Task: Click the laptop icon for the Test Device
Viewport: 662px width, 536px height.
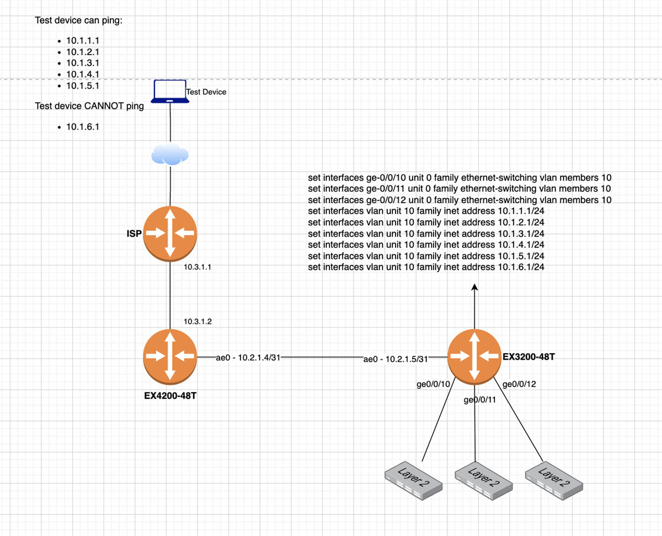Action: (170, 91)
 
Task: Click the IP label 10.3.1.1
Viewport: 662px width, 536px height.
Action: (198, 267)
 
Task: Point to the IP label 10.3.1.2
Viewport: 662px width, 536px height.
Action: (198, 321)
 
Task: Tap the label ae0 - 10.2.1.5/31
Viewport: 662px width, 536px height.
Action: (396, 359)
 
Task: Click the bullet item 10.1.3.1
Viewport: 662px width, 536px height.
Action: (82, 63)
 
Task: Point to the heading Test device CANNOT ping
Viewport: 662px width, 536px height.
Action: (89, 106)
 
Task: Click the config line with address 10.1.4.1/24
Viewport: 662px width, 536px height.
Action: (426, 245)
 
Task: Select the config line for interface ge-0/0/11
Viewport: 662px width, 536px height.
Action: (460, 189)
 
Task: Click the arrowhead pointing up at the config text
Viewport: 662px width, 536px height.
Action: (474, 287)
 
